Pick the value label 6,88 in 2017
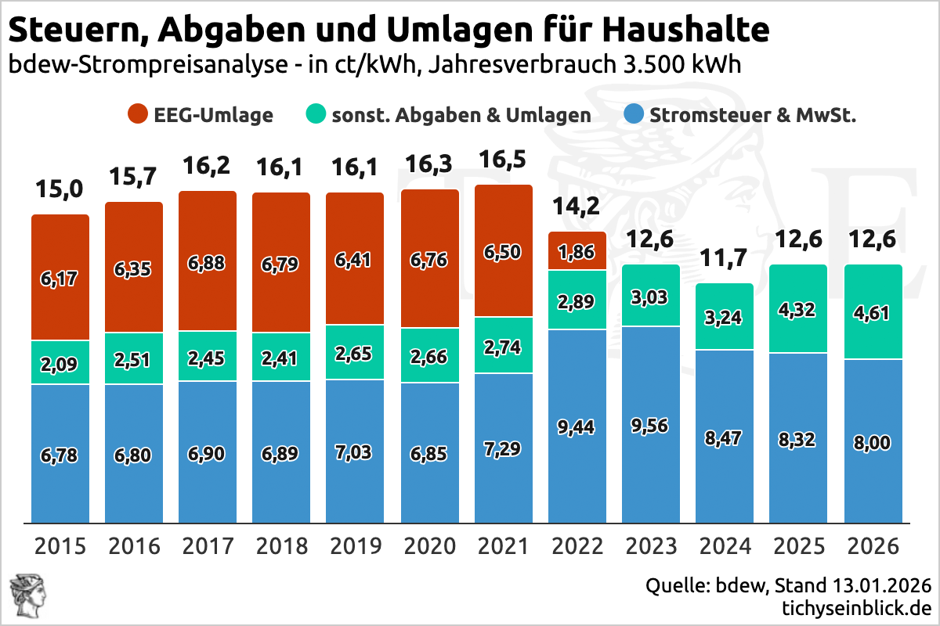(208, 263)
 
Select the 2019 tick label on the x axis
(355, 545)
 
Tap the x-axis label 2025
(799, 545)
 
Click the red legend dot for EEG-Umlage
(137, 115)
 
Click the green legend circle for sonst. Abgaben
(315, 115)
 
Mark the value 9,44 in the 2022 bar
(577, 426)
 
